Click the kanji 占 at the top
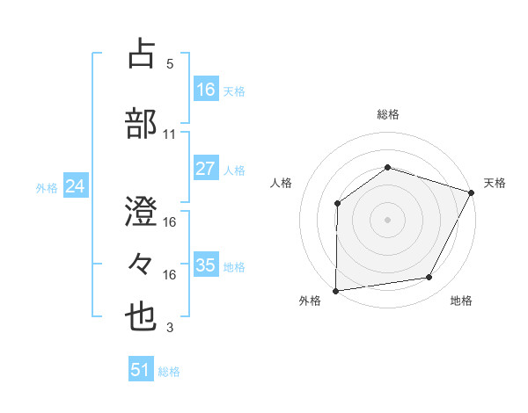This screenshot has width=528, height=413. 142,54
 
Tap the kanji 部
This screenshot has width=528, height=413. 142,124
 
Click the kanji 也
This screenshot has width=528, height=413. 142,317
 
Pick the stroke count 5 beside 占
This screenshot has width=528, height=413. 170,64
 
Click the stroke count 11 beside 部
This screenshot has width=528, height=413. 170,134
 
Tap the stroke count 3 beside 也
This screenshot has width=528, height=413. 170,328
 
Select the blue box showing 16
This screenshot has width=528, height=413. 205,90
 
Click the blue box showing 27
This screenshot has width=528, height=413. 205,170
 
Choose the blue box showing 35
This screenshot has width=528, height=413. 205,265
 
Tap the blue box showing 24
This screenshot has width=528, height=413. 76,186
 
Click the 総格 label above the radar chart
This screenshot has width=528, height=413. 388,114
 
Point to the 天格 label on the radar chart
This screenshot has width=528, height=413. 495,183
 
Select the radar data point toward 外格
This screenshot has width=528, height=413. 335,291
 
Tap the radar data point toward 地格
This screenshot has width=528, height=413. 429,278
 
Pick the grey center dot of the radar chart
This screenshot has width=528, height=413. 388,220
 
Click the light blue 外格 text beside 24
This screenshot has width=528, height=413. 47,187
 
